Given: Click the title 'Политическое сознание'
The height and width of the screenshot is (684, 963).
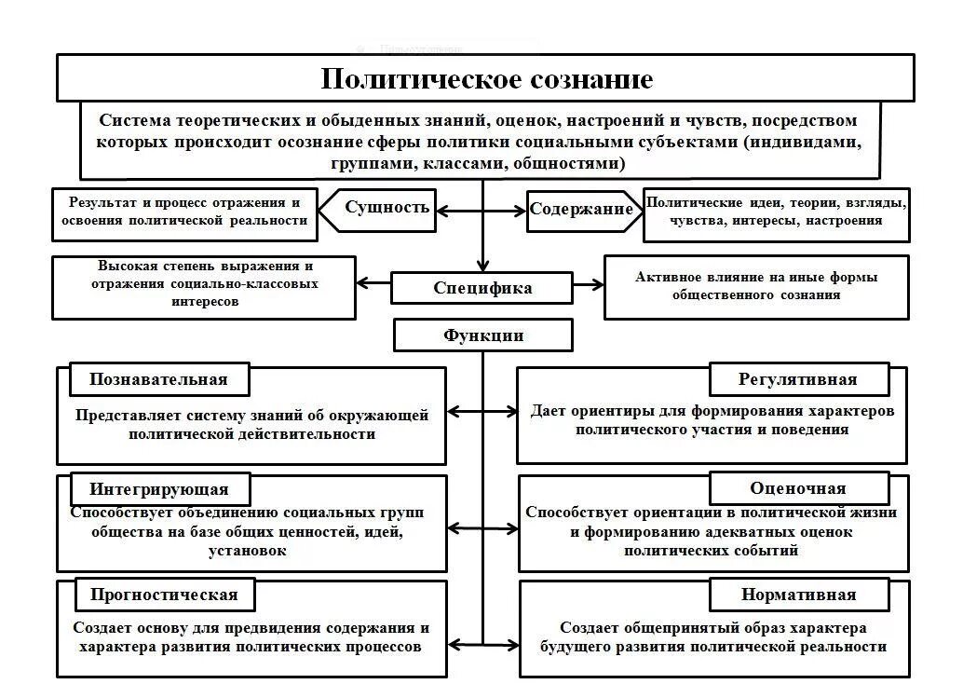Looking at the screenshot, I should tap(486, 78).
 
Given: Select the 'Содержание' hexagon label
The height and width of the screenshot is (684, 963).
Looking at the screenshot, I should tap(581, 209).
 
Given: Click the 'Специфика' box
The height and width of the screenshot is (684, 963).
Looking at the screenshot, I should tap(482, 288).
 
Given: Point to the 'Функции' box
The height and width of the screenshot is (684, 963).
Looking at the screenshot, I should tap(482, 335).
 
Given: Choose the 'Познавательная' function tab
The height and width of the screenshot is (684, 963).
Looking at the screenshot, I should tap(158, 379).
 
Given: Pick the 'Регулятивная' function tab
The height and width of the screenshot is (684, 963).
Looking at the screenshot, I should tap(798, 379).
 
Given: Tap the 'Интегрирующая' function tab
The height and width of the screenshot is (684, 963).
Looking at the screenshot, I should tap(158, 489).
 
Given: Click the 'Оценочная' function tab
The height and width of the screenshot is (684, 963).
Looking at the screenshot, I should tap(798, 488).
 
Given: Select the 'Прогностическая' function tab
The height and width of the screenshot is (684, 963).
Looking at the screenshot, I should tap(164, 595).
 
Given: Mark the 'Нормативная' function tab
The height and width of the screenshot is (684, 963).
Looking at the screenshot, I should tap(798, 595).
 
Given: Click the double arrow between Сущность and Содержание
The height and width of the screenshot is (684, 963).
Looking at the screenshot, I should tap(481, 211).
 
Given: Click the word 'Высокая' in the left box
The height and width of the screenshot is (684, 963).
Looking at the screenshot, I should tap(127, 266).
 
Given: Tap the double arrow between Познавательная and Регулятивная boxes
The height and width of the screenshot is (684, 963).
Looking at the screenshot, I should tap(481, 411).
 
